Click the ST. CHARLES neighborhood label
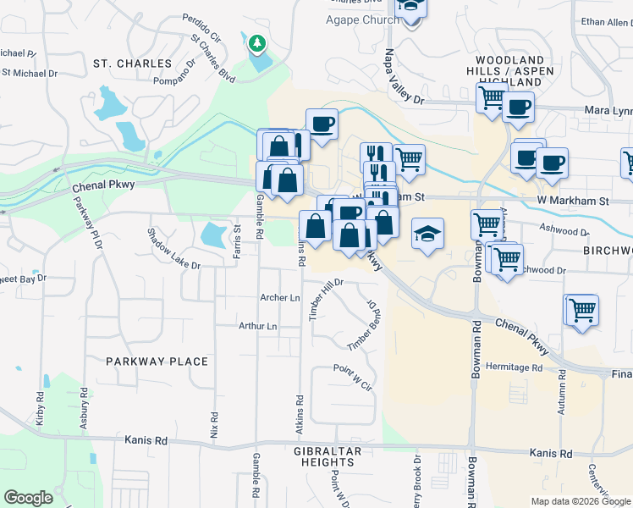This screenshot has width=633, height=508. click(x=132, y=63)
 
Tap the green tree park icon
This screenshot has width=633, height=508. click(x=256, y=42)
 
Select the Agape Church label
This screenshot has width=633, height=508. click(x=362, y=20)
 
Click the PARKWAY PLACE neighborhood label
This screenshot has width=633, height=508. click(x=157, y=362)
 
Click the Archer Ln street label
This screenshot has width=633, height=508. click(x=280, y=298)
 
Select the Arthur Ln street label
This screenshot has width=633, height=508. click(x=258, y=326)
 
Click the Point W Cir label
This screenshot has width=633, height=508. click(x=353, y=378)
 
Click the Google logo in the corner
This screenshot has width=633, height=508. click(x=28, y=498)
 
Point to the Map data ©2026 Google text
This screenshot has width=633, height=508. click(x=580, y=501)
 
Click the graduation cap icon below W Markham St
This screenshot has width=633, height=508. click(x=427, y=234)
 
